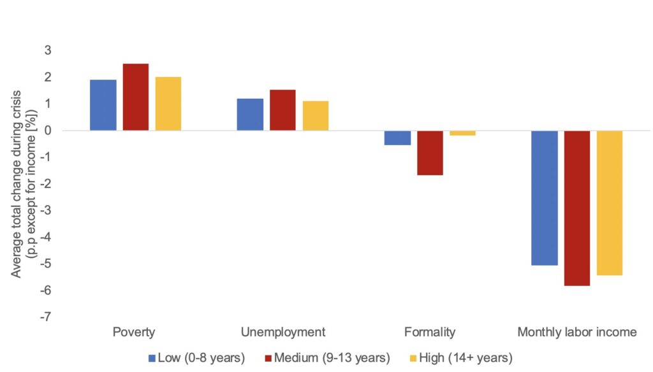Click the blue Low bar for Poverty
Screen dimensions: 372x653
coord(103,105)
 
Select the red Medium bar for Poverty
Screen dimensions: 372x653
coord(135,97)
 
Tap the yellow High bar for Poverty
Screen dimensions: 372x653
coord(168,104)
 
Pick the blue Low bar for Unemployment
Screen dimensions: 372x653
coord(250,115)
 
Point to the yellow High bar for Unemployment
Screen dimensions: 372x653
coord(316,116)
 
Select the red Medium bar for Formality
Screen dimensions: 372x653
coord(430,153)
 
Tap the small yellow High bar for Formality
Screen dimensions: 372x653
coord(462,133)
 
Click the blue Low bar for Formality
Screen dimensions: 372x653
coord(397,138)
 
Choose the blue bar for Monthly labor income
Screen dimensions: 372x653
coord(545,197)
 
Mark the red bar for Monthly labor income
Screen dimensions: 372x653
coord(577,208)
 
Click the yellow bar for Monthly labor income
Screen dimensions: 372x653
coord(610,203)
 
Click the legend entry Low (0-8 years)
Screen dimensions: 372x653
coord(196,358)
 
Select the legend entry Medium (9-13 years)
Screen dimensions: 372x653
coord(326,358)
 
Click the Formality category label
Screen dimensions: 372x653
coord(430,332)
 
